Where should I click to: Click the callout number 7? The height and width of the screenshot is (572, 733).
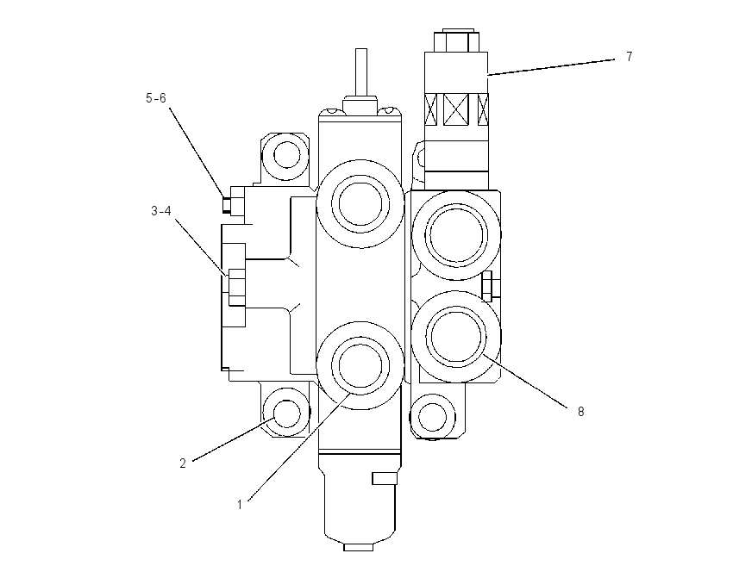[x=630, y=57]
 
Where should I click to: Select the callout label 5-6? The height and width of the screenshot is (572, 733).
[x=156, y=98]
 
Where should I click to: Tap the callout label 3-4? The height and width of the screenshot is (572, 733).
[x=160, y=211]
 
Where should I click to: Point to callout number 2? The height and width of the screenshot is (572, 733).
[x=183, y=463]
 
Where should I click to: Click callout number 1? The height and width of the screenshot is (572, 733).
[x=240, y=505]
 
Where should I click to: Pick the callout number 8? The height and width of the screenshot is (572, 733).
[x=581, y=412]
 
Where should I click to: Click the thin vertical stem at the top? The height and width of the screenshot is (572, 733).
[x=360, y=72]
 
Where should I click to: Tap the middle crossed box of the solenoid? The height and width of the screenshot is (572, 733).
[x=456, y=109]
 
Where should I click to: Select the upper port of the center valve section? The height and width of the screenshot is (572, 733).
[x=360, y=204]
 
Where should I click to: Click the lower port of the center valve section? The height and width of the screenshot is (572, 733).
[x=360, y=365]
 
